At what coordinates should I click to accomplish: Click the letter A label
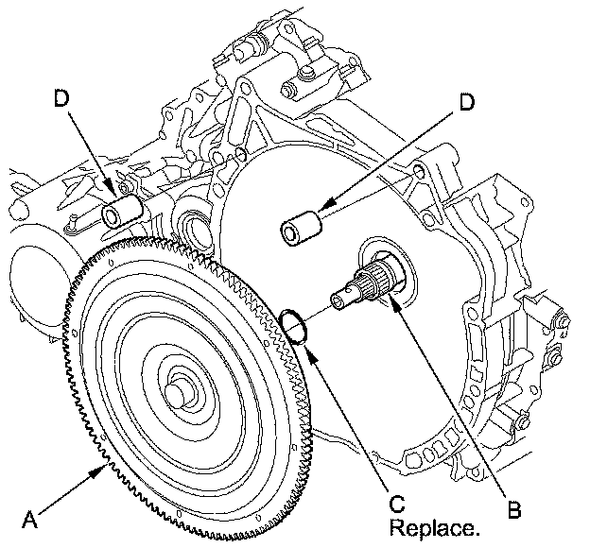(x=29, y=519)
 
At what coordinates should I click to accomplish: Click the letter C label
(x=397, y=504)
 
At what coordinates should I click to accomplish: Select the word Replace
(x=435, y=528)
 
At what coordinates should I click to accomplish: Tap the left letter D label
(x=62, y=99)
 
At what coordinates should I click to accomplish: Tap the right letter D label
(x=466, y=101)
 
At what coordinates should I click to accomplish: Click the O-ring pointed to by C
(x=294, y=326)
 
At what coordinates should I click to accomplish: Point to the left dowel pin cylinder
(x=122, y=212)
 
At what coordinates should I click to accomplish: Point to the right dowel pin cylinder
(x=301, y=230)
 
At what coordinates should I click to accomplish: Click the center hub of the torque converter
(x=180, y=392)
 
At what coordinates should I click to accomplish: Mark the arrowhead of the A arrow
(x=101, y=470)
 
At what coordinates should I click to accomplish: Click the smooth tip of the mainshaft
(x=341, y=297)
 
